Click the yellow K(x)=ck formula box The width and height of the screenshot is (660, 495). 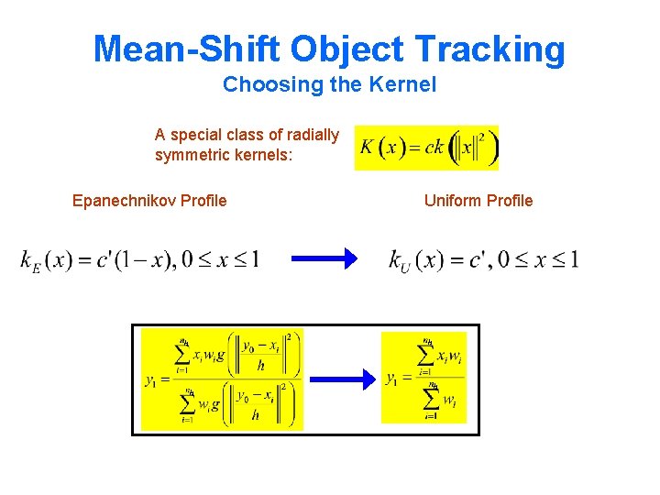(x=426, y=148)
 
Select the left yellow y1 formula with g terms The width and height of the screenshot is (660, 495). (x=222, y=379)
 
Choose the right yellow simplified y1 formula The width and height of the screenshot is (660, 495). (x=423, y=378)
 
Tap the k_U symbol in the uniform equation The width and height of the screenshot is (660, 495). (x=400, y=262)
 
